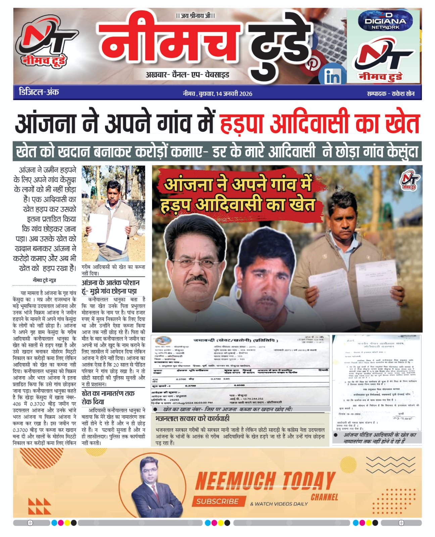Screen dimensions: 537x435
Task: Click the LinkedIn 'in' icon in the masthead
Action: tap(333, 77)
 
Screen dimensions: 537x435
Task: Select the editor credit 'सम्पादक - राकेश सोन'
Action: tap(390, 94)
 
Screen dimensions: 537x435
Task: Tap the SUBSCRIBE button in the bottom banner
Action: tap(217, 501)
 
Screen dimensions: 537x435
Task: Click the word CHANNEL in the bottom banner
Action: tap(324, 497)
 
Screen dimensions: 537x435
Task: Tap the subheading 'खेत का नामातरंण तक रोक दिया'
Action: tap(108, 397)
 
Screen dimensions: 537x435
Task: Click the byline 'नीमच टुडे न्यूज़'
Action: tap(44, 280)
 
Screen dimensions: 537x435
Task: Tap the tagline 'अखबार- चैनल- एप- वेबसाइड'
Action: tap(187, 75)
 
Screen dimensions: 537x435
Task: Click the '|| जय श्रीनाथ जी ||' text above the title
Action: tap(195, 15)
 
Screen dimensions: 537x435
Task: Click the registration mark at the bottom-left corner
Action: tap(30, 523)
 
